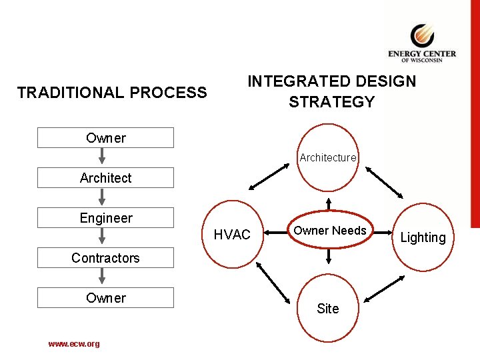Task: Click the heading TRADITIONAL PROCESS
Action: (112, 93)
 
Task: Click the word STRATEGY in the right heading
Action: (331, 102)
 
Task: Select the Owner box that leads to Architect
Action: (105, 138)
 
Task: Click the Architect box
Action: (105, 178)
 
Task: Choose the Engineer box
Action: (105, 218)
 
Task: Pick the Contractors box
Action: (105, 258)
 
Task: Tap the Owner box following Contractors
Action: (105, 298)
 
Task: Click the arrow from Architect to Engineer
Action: (103, 197)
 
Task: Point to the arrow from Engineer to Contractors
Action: (103, 237)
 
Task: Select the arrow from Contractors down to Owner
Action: (103, 277)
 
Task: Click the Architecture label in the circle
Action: (327, 158)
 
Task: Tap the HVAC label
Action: (232, 235)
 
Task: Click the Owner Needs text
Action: (330, 231)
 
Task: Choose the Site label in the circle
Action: (327, 309)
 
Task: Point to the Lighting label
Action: (423, 237)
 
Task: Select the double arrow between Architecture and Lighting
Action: (384, 181)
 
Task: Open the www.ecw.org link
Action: (74, 344)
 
